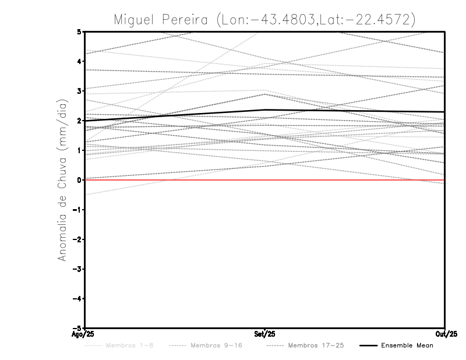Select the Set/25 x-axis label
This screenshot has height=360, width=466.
click(264, 333)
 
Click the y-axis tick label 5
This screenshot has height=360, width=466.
click(79, 32)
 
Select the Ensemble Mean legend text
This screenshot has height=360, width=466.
click(407, 346)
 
